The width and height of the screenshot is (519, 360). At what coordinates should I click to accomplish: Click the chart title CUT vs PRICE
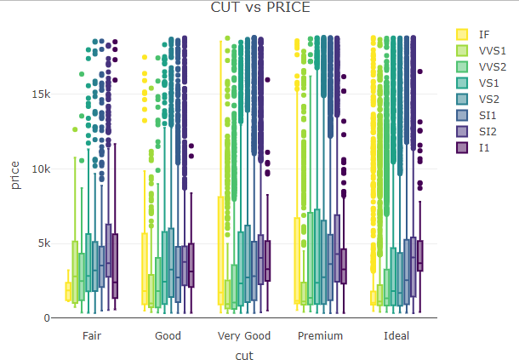[x=259, y=8]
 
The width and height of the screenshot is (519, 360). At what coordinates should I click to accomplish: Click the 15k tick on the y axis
[x=40, y=94]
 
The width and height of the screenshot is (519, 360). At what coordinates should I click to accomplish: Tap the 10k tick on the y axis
[x=40, y=169]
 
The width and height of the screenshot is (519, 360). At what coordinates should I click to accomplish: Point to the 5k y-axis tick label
[x=43, y=243]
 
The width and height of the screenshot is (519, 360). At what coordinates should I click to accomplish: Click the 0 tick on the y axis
[x=47, y=317]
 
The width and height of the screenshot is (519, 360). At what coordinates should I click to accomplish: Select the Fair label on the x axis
[x=92, y=335]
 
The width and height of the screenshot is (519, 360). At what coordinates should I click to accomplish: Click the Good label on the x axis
[x=168, y=335]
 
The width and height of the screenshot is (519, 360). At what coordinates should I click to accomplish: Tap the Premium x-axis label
[x=320, y=335]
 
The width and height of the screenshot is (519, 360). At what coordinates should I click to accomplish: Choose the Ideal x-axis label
[x=396, y=335]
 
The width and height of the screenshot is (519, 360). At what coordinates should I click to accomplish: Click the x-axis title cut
[x=243, y=353]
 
